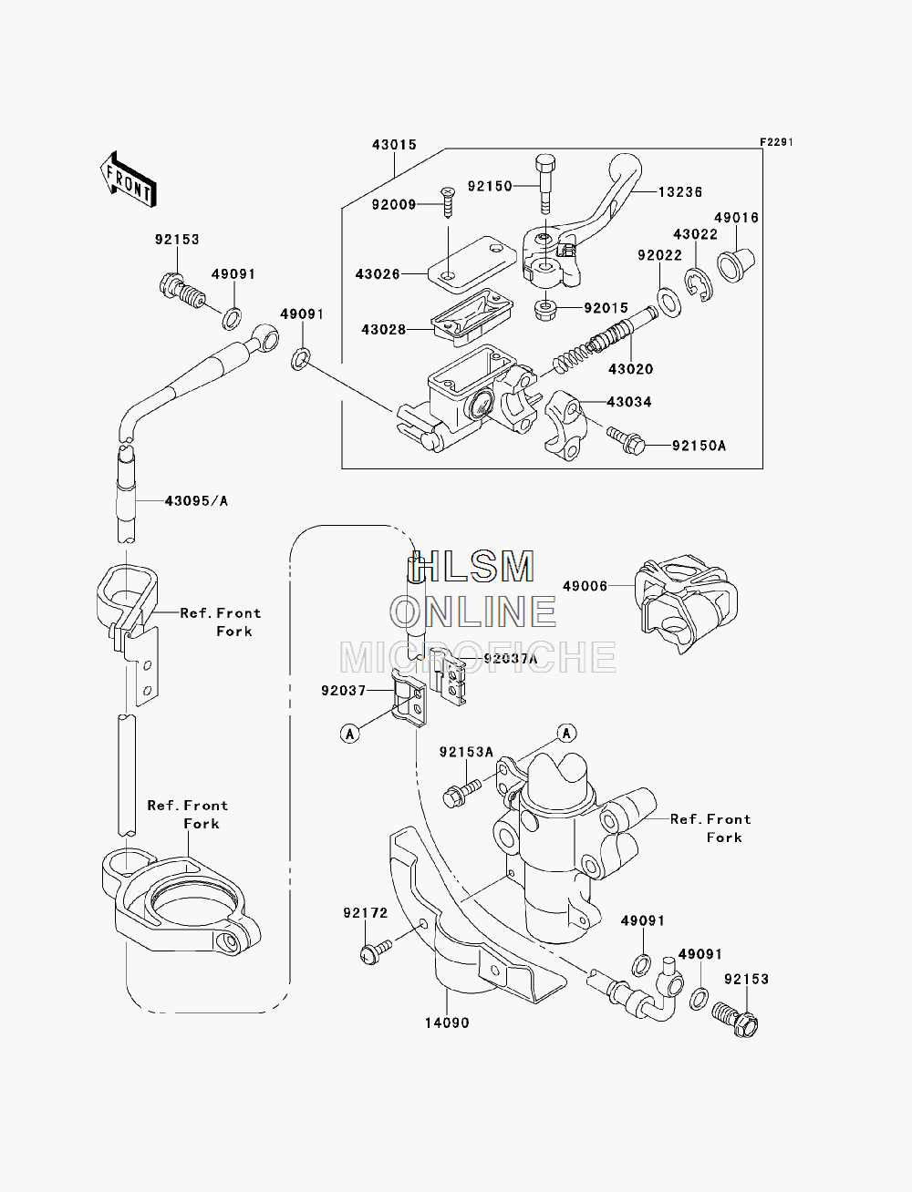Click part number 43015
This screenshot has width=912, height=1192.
394,145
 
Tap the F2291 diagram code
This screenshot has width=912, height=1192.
776,142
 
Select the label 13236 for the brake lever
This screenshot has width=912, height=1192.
680,192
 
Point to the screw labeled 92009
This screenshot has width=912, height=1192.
449,202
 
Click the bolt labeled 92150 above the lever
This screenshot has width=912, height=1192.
545,184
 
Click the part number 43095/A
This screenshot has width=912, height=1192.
196,500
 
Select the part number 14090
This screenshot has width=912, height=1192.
447,1023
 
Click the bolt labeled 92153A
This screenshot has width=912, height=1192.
462,794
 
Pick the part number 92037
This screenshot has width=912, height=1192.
344,691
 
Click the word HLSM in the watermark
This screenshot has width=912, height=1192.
472,567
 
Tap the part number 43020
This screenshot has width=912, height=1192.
630,369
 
